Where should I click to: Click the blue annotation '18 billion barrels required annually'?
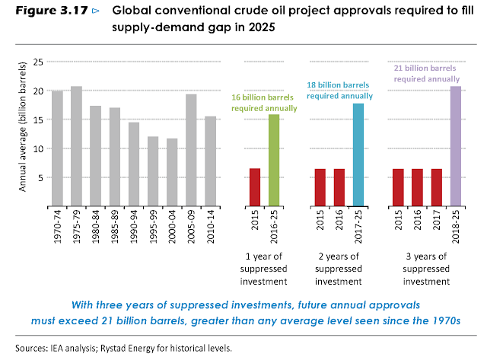click(339, 91)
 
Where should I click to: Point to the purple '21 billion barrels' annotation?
click(426, 73)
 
